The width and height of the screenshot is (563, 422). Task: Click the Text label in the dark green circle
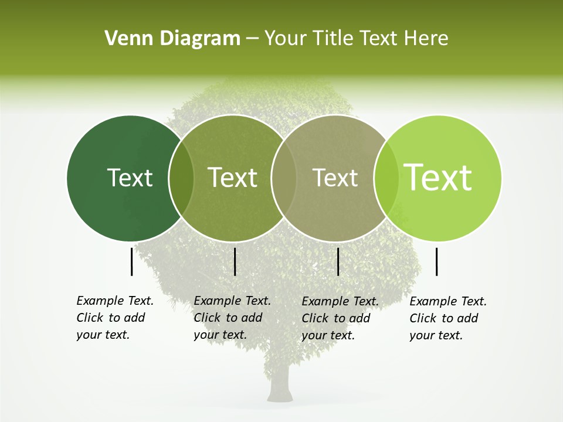coord(130,178)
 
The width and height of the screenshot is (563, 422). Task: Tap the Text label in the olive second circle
coord(233,178)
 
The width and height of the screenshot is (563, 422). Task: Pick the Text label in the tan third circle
coord(335,178)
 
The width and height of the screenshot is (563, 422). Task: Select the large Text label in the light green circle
coord(438,178)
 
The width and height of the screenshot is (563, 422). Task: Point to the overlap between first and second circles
coord(181,178)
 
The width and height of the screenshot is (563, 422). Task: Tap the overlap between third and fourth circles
coord(386,178)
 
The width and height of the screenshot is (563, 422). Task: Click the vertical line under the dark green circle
coord(132,261)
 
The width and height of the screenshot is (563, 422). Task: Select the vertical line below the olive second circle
coord(235,261)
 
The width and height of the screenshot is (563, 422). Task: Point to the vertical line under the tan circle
coord(338,261)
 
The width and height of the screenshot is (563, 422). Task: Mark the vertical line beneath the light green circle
coord(437,261)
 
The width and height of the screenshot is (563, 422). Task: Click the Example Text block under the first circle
coord(114,318)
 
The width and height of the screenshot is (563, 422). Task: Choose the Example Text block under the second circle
coord(232,318)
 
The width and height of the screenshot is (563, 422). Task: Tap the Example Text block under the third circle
coord(340,318)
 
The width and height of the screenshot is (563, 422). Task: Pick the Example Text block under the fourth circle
coord(447,318)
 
